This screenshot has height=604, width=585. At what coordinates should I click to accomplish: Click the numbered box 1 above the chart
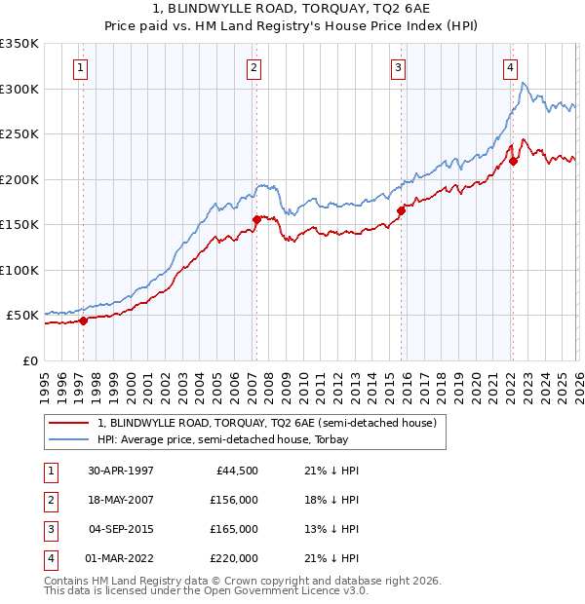click(79, 67)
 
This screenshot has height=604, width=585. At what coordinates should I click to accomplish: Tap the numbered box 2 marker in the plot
click(253, 67)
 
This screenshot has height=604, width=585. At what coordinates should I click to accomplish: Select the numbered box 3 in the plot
click(399, 67)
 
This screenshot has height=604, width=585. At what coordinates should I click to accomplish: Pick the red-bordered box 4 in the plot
click(510, 67)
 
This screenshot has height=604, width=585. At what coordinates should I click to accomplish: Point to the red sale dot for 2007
click(256, 219)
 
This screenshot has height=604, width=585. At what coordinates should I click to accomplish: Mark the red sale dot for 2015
click(401, 210)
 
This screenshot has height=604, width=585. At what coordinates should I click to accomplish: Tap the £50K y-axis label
click(22, 316)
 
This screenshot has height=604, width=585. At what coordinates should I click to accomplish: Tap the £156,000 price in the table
click(234, 500)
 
